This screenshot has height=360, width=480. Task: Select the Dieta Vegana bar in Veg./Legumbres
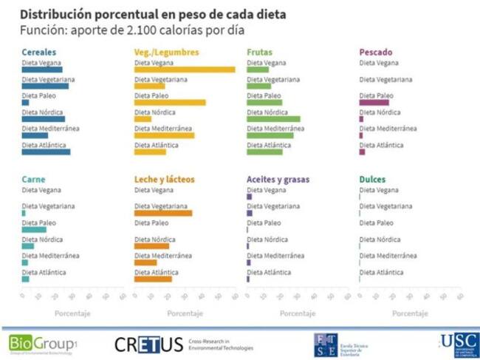coord(185,69)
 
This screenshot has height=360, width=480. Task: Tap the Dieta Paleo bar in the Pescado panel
coord(374,103)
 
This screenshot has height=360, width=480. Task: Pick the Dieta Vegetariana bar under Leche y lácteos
coord(163,213)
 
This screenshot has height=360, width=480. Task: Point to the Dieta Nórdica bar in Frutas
coord(273,119)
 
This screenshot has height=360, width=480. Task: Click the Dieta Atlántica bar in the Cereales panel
coord(46,152)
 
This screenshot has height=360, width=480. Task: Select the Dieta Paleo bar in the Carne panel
coord(34,229)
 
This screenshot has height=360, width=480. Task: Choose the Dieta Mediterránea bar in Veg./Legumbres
coord(164,135)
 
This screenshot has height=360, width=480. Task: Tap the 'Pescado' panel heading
coord(376,52)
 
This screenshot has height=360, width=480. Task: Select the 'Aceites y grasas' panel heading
coord(278,180)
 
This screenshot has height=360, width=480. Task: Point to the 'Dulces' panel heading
coord(372,180)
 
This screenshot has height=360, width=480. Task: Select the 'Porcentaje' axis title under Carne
coord(72,313)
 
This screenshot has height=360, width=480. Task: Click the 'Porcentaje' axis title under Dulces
coord(410,313)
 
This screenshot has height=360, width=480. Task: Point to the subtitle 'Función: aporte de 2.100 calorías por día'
coord(131,30)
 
